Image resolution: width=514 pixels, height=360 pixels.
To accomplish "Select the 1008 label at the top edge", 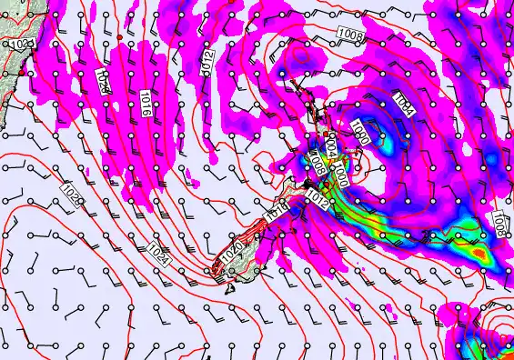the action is coord(353,35).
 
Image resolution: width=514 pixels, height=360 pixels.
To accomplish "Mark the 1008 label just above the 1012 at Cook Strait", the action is coord(317,165).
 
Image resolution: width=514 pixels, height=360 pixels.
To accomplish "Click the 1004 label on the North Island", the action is coord(331,145).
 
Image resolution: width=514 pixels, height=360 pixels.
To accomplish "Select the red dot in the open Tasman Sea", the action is coord(118,36).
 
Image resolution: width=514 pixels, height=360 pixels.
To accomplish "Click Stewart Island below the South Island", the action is coord(231,288).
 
